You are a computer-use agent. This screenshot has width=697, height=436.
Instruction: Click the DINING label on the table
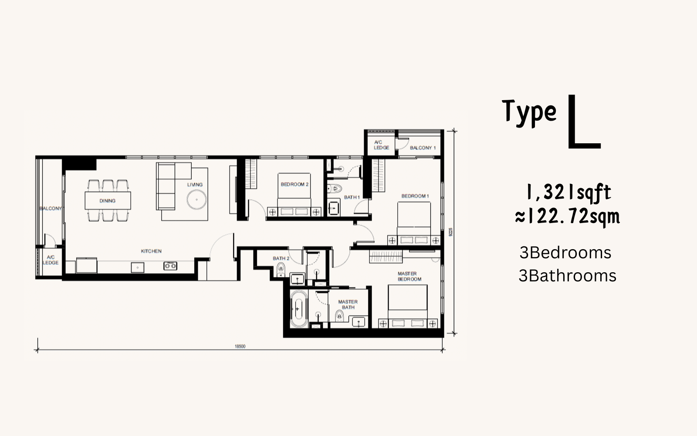[x=107, y=201]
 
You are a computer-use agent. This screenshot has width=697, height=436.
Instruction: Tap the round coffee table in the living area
[x=196, y=200]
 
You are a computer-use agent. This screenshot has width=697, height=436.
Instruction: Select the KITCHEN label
[x=151, y=251]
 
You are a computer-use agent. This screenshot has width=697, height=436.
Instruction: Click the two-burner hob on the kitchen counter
[x=170, y=266]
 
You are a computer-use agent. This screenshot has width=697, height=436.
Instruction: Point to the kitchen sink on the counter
[x=138, y=267]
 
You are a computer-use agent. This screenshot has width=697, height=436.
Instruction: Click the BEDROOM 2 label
[x=294, y=184]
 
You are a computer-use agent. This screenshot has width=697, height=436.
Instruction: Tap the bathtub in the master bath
[x=298, y=309]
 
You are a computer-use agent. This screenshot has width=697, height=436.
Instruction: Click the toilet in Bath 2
[x=281, y=269]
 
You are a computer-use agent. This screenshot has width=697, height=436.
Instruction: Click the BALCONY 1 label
[x=423, y=148]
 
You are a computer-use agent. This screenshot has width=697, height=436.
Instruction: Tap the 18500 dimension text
[x=240, y=346]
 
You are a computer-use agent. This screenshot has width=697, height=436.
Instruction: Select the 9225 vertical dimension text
[x=450, y=232]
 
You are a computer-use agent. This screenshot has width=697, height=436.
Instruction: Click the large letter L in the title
[x=584, y=122]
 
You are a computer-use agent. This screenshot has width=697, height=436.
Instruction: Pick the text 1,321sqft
[x=568, y=193]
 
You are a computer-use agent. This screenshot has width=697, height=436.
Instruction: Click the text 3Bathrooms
[x=567, y=276]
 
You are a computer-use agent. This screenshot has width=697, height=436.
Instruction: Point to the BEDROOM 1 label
[x=415, y=196]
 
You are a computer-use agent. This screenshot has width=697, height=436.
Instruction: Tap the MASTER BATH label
[x=348, y=304]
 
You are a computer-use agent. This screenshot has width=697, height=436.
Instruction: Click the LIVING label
[x=195, y=185]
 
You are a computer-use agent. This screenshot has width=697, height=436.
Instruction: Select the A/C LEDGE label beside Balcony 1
[x=382, y=145]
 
